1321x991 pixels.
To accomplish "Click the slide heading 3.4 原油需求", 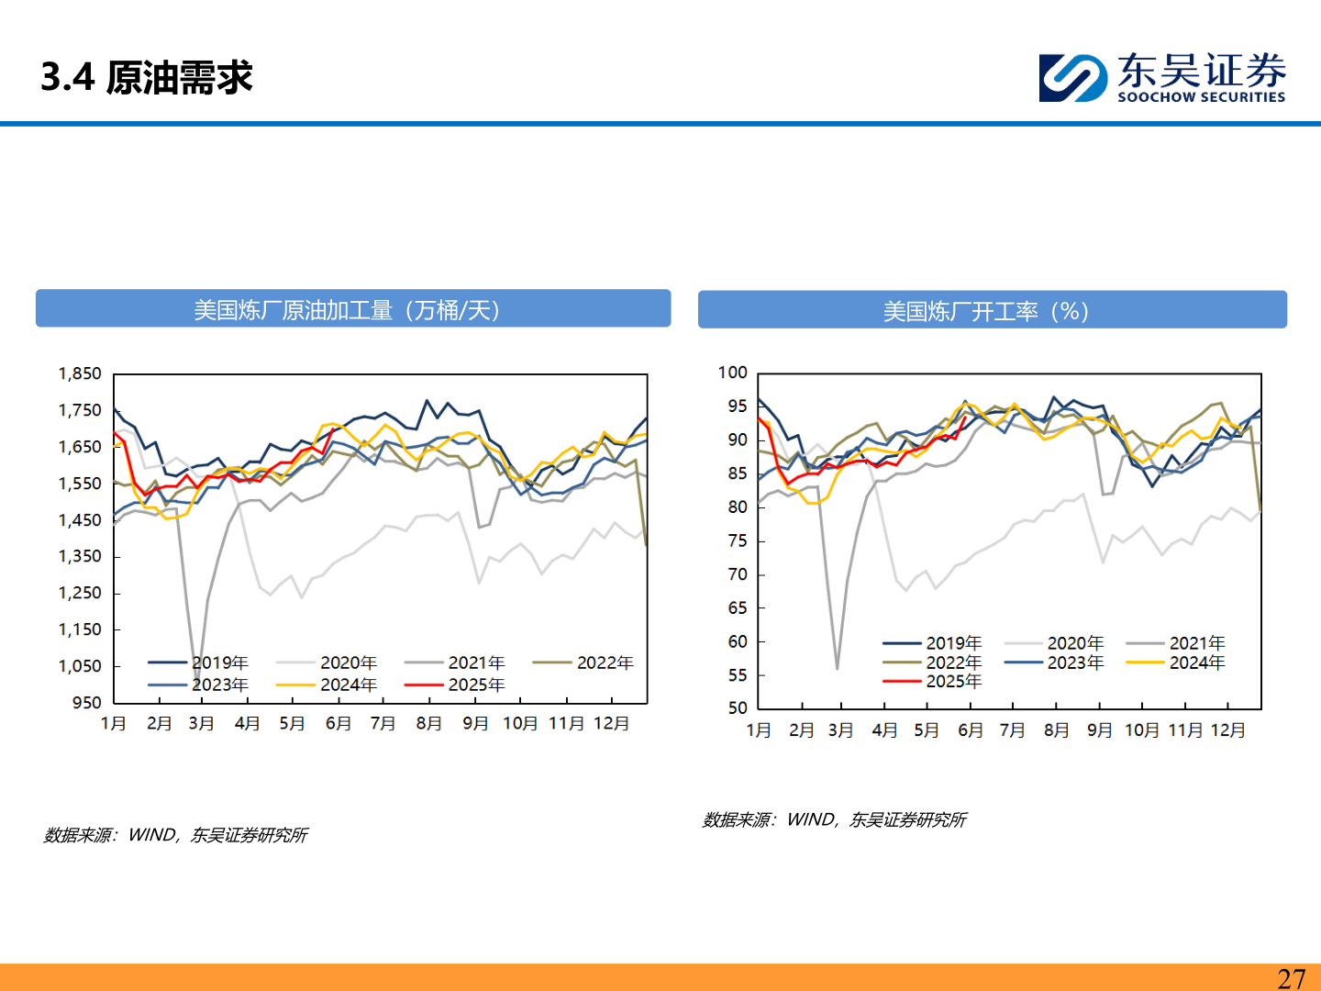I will pos(147,77).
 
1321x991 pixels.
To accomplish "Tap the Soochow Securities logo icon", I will pos(1072,77).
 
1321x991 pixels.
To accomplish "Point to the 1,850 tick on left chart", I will pos(80,373).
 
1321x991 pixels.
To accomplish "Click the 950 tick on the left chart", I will pos(86,703).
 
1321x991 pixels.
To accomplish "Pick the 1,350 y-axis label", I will pos(80,556).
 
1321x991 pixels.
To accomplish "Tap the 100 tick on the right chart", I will pos(733,373).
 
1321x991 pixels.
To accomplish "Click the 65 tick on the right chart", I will pos(738,607).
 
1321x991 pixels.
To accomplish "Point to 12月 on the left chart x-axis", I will pos(612,723).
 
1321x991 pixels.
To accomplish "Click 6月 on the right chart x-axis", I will pos(971,729).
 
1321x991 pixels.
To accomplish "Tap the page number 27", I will pos(1291,978).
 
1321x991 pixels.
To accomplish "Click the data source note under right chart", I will pos(834,819).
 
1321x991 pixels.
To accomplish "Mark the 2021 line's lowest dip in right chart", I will pos(837,668).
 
